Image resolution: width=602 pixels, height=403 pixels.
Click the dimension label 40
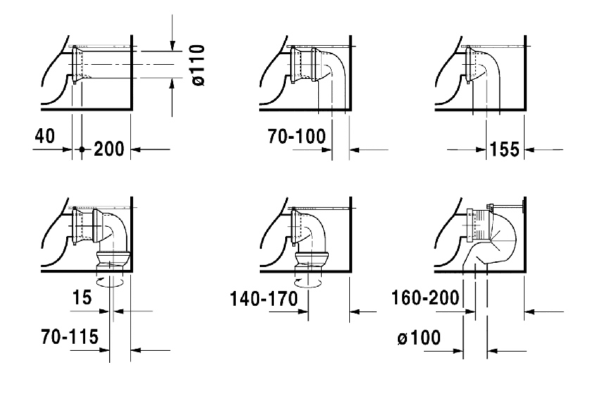click(x=45, y=136)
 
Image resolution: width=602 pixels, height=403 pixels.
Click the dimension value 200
click(x=109, y=149)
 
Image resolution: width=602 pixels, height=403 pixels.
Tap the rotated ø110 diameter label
click(x=199, y=66)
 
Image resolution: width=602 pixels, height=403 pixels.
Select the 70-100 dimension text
click(x=297, y=136)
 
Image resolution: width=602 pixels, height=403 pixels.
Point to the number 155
click(x=504, y=149)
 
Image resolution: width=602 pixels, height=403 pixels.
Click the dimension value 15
click(x=82, y=297)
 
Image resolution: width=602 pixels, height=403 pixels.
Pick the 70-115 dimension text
click(x=70, y=337)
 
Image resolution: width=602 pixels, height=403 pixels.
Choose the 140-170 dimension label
click(x=264, y=299)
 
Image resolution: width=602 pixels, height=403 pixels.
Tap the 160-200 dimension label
click(x=425, y=297)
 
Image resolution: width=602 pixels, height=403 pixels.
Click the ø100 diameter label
click(x=419, y=337)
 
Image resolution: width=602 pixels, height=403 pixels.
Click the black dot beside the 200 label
click(x=82, y=149)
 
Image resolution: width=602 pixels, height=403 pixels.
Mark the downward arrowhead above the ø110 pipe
click(x=173, y=45)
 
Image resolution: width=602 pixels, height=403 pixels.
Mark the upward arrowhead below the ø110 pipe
click(x=173, y=83)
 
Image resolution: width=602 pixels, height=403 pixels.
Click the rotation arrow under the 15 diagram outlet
click(x=110, y=283)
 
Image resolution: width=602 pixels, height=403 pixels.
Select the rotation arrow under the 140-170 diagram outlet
click(x=308, y=283)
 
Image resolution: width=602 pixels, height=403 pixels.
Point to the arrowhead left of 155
click(x=481, y=149)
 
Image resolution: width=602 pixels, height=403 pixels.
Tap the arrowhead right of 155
click(x=529, y=149)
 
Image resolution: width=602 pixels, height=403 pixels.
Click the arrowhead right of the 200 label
click(x=136, y=149)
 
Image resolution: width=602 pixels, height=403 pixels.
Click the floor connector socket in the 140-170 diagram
click(x=312, y=261)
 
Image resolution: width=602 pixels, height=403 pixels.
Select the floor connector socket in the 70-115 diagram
click(x=112, y=261)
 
